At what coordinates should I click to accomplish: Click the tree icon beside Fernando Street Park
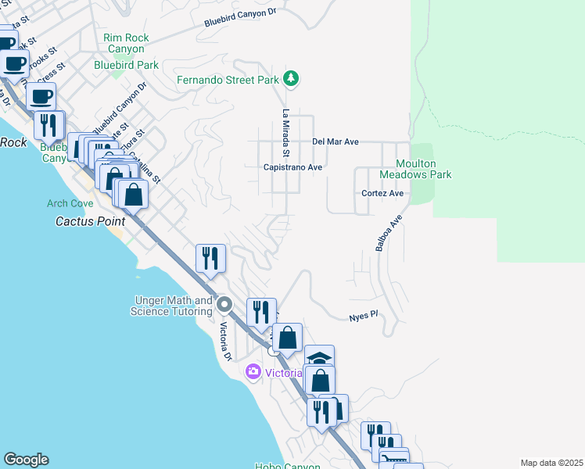coord(291,78)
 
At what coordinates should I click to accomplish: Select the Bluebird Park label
coord(126,66)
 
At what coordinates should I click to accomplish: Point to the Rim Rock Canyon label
coord(125,43)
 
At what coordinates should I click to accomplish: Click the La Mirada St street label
coord(286,131)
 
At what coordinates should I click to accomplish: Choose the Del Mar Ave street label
coord(335,141)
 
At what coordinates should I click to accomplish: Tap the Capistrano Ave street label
coord(292,167)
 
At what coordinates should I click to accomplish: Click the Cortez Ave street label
coord(382,193)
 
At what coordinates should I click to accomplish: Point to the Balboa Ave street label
coord(389,233)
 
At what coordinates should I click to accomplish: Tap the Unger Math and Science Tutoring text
coord(173,306)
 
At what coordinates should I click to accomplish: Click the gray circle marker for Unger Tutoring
coord(224,303)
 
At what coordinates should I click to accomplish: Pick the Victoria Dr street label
coord(226,342)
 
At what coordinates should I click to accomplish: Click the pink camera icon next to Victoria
coord(253,371)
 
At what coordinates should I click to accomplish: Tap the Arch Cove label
coord(70,204)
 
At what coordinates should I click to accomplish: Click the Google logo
coord(26,460)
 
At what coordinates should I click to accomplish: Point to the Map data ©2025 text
coord(551,463)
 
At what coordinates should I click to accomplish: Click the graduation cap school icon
coord(319,358)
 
